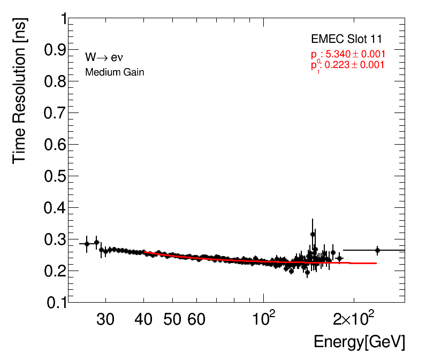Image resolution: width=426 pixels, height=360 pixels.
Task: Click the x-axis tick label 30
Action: [105, 320]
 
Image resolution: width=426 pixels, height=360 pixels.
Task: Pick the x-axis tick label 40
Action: [144, 320]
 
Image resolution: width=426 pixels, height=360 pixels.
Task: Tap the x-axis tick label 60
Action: [196, 320]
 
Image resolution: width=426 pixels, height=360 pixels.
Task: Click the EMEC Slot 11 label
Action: [346, 40]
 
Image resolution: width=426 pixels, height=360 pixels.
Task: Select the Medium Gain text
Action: [115, 72]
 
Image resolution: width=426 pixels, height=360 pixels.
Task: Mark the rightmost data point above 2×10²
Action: [377, 250]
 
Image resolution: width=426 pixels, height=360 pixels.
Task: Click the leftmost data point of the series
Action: [87, 244]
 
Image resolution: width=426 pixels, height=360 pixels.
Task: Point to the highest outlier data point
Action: [313, 234]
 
